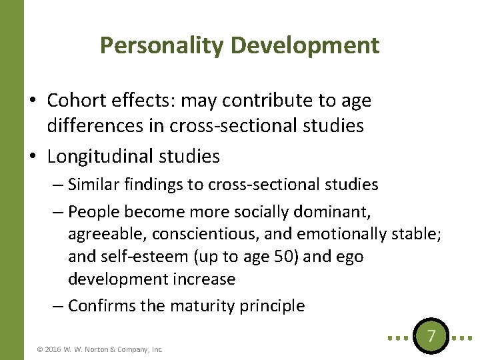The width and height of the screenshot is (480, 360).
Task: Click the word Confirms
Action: coord(99,306)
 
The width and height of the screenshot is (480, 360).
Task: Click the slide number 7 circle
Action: coord(431,335)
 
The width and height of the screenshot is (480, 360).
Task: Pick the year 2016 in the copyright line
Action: coord(54,349)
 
